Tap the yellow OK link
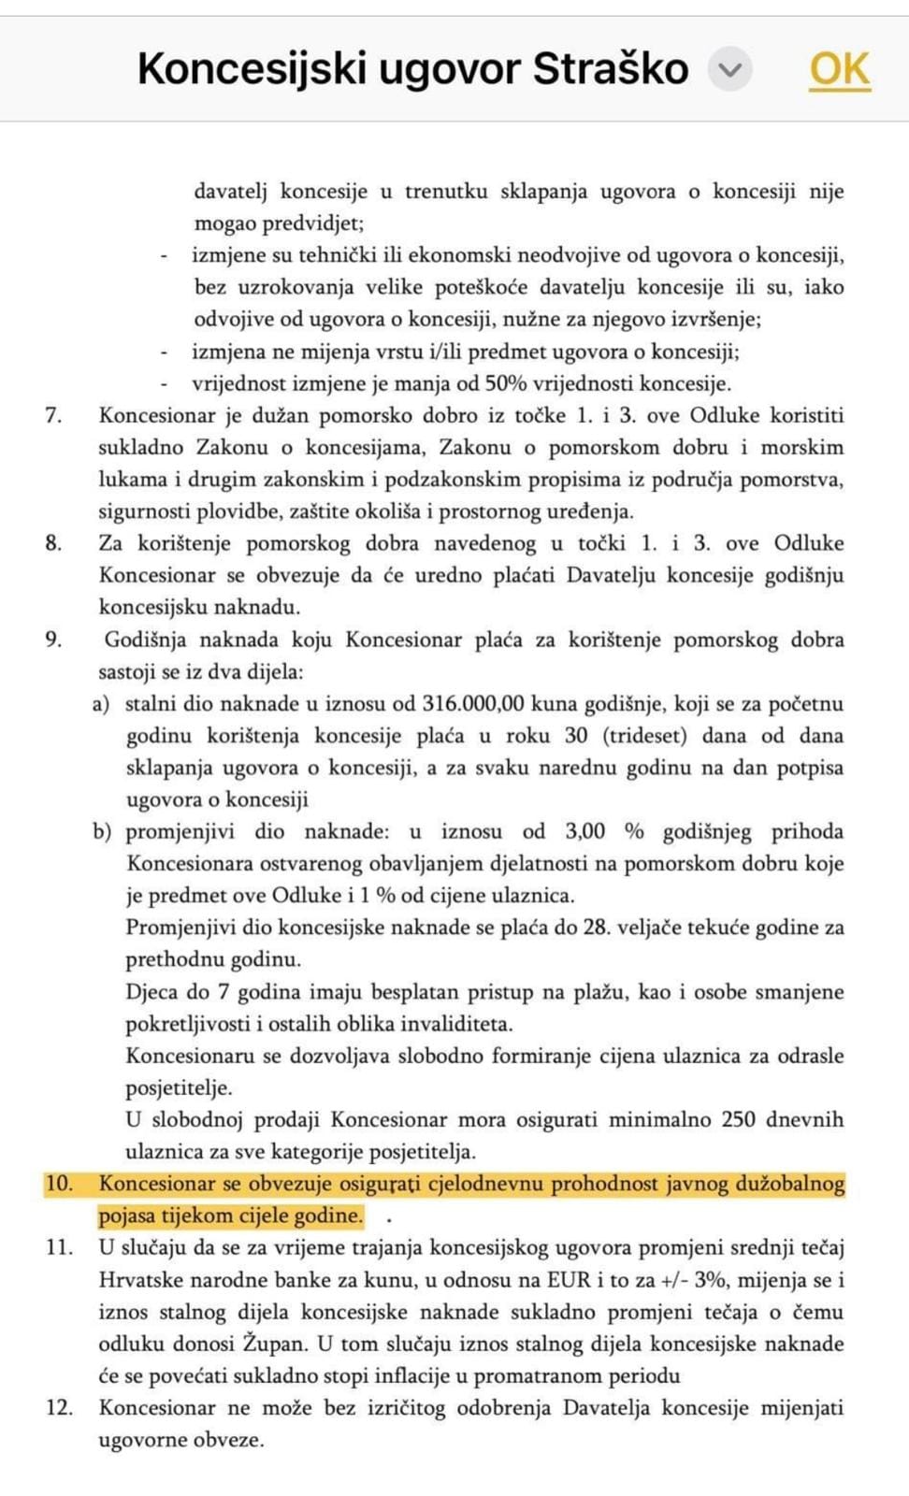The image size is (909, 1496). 839,68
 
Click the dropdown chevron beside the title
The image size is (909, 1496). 730,69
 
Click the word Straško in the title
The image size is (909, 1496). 611,69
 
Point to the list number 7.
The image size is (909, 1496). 53,415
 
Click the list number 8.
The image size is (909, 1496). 53,543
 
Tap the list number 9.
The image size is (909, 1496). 53,640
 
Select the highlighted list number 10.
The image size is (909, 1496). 58,1184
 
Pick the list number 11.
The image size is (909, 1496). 58,1247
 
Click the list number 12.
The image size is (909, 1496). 58,1407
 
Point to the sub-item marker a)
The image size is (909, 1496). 101,704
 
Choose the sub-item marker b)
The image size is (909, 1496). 101,831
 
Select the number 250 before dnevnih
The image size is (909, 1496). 738,1119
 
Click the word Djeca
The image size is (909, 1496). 151,992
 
